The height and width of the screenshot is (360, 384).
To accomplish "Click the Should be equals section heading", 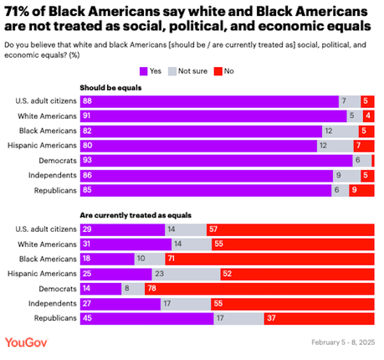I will click(110, 87).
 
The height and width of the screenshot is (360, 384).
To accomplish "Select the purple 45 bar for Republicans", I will click(146, 318).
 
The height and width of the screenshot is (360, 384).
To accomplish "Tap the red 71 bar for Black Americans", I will click(270, 258).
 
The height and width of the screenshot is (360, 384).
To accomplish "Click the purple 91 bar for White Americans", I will click(213, 115).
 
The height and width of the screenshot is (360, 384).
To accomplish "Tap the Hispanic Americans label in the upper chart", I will click(44, 145).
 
